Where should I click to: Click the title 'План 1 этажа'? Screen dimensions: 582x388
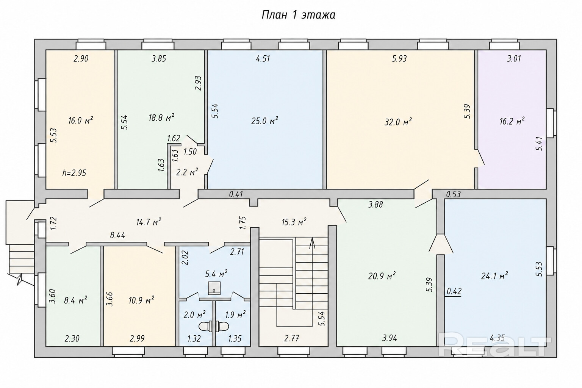(x=298, y=15)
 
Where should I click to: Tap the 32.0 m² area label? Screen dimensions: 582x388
(x=398, y=122)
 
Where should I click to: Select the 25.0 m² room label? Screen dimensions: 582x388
(x=264, y=120)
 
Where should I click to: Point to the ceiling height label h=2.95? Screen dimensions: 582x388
(x=74, y=173)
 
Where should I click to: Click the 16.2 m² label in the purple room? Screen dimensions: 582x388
(x=512, y=121)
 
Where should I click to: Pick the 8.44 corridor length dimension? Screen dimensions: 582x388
(x=117, y=235)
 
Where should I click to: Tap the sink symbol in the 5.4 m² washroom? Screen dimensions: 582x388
(x=214, y=288)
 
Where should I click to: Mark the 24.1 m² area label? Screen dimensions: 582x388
(x=494, y=276)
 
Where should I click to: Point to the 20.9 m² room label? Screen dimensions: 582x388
(x=382, y=275)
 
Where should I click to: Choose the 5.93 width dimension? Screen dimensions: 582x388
(x=399, y=59)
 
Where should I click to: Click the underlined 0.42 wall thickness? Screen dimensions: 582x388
(x=454, y=292)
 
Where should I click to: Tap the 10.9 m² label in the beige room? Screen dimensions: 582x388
(x=141, y=300)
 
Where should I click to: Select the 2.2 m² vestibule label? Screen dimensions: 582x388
(x=187, y=172)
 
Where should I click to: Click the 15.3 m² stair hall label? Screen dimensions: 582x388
(x=294, y=222)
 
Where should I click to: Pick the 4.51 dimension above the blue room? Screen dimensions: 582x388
(x=263, y=59)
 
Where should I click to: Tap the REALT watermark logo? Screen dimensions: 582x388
(x=495, y=347)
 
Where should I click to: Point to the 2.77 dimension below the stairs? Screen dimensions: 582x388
(x=292, y=338)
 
